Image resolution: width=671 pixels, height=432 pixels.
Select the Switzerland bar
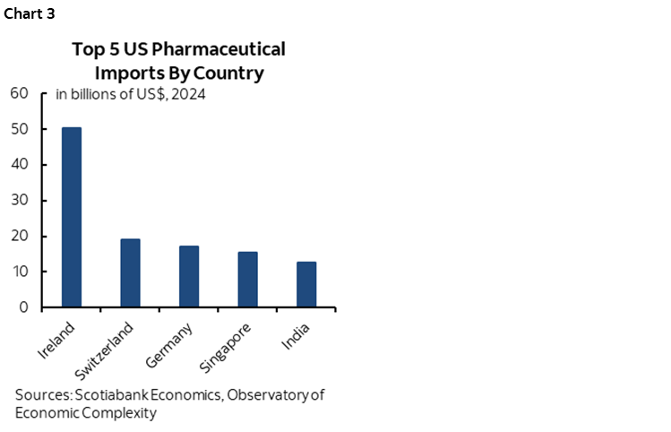click(x=130, y=273)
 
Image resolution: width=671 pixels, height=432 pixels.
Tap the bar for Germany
click(x=188, y=277)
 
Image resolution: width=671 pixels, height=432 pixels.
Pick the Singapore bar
click(x=247, y=280)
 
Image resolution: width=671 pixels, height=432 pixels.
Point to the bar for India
click(x=305, y=285)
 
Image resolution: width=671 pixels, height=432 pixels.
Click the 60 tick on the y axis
click(x=20, y=93)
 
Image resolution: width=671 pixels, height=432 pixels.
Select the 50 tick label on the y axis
click(x=20, y=129)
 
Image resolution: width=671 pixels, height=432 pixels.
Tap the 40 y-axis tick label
click(x=20, y=165)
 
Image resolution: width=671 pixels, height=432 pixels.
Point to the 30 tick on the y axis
click(x=20, y=201)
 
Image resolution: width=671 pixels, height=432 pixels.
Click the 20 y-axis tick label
click(x=20, y=237)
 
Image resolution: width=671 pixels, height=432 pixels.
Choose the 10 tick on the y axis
click(x=20, y=272)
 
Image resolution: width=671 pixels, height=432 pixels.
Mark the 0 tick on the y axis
click(x=24, y=307)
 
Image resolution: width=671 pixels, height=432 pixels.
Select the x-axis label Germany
click(x=171, y=346)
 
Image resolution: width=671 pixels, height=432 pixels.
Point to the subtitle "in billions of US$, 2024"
click(x=131, y=94)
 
